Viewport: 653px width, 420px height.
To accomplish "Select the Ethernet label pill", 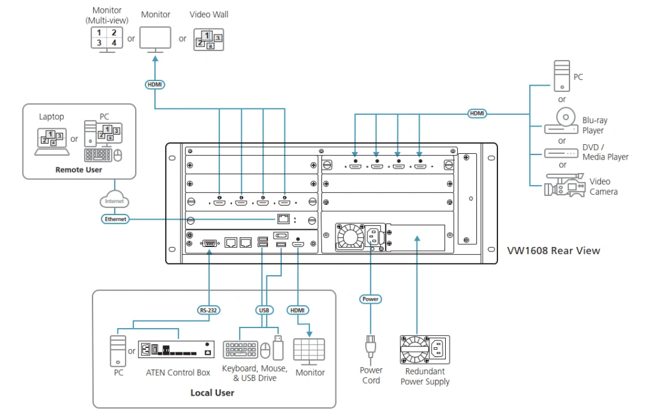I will (x=115, y=219).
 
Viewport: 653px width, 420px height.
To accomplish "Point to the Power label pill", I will (x=370, y=299).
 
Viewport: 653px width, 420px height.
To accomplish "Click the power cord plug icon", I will (x=370, y=348).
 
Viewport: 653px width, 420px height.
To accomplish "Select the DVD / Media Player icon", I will (x=562, y=154).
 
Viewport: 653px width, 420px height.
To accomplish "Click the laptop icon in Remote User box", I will (x=52, y=140).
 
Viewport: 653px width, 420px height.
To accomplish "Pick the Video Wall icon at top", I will (x=209, y=40).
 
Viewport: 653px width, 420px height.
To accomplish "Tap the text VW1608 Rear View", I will (x=553, y=251).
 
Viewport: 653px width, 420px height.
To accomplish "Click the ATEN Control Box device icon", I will (x=175, y=350).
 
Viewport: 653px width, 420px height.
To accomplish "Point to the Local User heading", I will (x=212, y=393).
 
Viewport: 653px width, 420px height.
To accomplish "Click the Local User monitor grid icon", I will (x=309, y=351).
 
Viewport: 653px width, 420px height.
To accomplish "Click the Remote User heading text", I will (x=78, y=170).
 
